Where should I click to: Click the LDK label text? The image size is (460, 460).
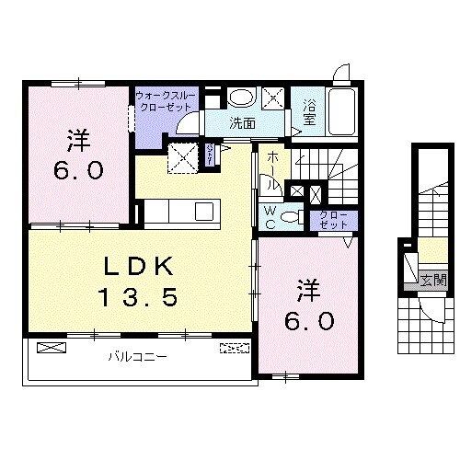(x=138, y=266)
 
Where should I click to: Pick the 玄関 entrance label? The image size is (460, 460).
(x=433, y=281)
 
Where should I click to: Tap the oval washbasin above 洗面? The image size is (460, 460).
(x=242, y=97)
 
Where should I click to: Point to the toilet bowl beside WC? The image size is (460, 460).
(x=290, y=217)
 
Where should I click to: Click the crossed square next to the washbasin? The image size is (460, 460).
(x=274, y=97)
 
